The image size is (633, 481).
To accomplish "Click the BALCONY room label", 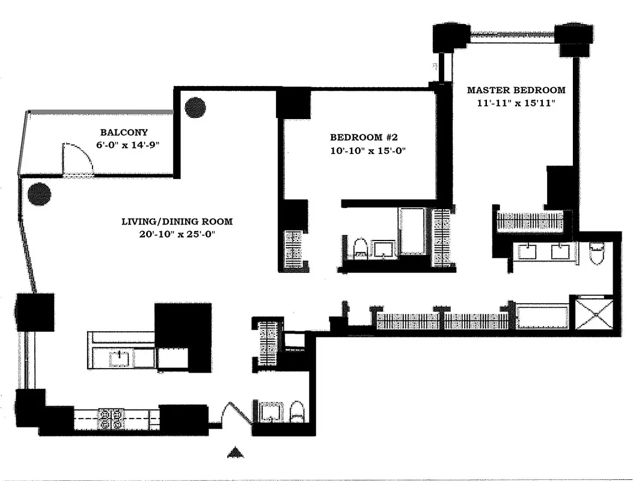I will (124, 132).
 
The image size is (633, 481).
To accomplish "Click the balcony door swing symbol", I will (78, 159).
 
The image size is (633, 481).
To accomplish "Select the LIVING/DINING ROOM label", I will (177, 221).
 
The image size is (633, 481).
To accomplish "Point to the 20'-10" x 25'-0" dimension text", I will (177, 234).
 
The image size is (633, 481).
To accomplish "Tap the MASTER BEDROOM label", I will (516, 90).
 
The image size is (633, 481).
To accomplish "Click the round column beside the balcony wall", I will (195, 108).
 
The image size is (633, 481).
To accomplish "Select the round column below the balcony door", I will (39, 194).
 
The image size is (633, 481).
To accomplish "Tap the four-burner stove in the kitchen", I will (111, 418).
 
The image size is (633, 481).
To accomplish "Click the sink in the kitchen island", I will (120, 358).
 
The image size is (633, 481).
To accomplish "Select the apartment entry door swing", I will (236, 415).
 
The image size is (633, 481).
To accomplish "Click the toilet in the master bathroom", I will (597, 254).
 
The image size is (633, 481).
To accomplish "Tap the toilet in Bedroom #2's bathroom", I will (359, 249).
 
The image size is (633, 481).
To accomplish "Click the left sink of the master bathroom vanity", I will (528, 251).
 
